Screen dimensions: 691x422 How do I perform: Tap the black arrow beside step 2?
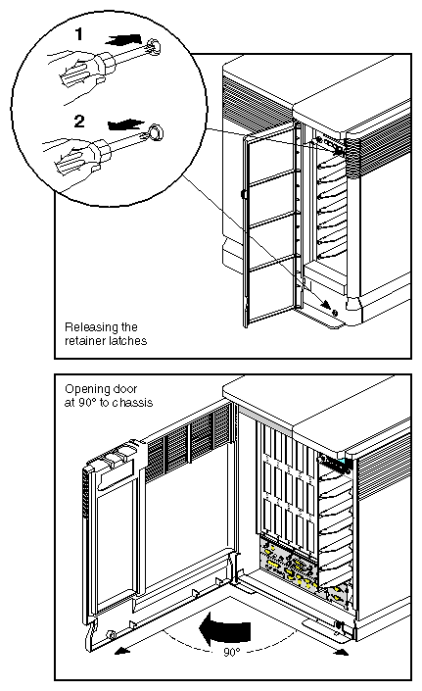(121, 124)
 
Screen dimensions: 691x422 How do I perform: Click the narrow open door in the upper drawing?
(261, 225)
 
